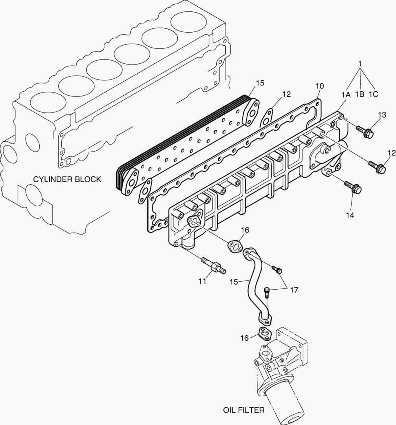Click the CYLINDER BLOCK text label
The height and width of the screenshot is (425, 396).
click(x=67, y=179)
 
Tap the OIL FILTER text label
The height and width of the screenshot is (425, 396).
click(x=244, y=410)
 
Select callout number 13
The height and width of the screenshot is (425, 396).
click(x=382, y=115)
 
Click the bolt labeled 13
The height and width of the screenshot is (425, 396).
click(x=365, y=132)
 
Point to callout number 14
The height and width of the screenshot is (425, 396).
click(x=350, y=215)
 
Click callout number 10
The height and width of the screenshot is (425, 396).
click(x=319, y=86)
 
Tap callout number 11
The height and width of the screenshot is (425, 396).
click(x=202, y=281)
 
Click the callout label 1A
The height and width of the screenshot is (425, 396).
click(x=346, y=94)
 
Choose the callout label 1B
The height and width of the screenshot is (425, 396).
click(x=360, y=94)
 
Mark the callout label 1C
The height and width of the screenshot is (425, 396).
click(x=374, y=94)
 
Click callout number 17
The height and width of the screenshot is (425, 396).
click(x=294, y=290)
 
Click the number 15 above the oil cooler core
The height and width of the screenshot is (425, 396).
click(x=260, y=83)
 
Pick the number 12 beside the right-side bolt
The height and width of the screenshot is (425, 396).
click(x=391, y=153)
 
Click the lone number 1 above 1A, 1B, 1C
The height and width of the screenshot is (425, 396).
click(x=359, y=63)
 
